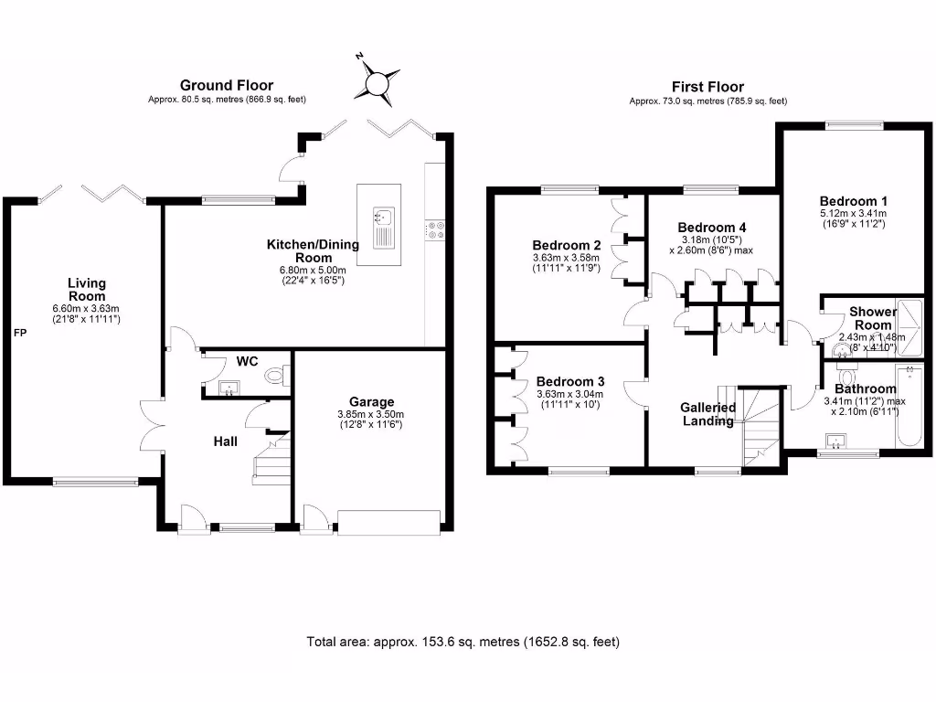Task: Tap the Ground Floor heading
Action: (x=227, y=85)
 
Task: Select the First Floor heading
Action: (x=708, y=87)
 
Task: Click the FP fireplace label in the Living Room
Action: (x=20, y=333)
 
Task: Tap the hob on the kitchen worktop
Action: (x=435, y=229)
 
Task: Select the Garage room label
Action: (x=371, y=402)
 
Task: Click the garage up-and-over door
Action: (x=389, y=520)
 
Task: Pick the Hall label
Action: (x=226, y=441)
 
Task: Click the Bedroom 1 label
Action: (x=853, y=201)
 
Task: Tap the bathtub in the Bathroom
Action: (x=909, y=406)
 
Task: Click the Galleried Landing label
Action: (x=708, y=414)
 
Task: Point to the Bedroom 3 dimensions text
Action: (x=570, y=399)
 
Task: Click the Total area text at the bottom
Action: (x=463, y=642)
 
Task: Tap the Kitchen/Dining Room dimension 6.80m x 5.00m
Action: (x=313, y=270)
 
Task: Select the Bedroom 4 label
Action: (x=711, y=228)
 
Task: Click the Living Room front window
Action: (x=95, y=481)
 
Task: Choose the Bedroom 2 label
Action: (x=567, y=245)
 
